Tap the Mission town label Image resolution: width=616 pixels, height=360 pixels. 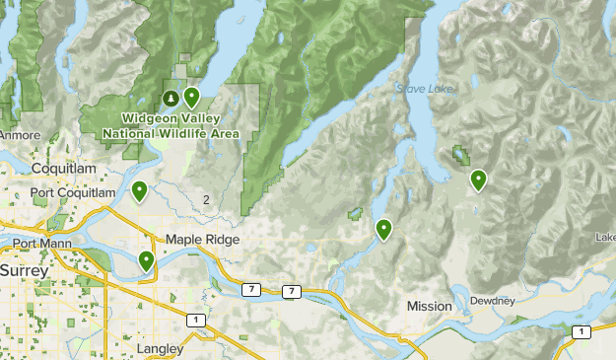[x=429, y=307]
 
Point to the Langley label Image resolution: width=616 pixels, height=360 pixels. [x=163, y=349]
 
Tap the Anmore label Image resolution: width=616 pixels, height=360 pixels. [x=20, y=135]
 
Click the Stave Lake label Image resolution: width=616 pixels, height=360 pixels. [x=425, y=90]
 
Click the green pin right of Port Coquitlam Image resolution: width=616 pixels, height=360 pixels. [x=140, y=190]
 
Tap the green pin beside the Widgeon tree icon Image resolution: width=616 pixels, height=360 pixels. [x=191, y=96]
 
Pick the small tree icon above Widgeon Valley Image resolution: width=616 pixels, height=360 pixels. [x=171, y=98]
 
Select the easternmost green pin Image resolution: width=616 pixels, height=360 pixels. [x=478, y=180]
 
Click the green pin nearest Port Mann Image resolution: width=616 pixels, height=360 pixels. [x=146, y=260]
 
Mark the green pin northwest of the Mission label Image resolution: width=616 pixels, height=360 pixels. [x=383, y=230]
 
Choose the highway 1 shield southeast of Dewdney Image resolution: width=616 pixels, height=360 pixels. [x=582, y=330]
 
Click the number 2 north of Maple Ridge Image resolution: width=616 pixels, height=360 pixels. [x=206, y=200]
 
